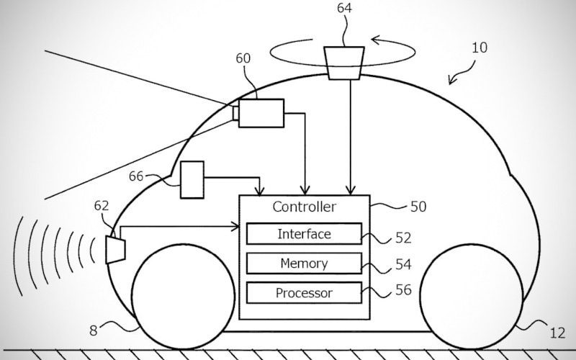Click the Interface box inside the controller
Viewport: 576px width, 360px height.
pyautogui.click(x=304, y=234)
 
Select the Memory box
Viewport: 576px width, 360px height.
pyautogui.click(x=304, y=263)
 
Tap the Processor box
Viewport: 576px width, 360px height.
pyautogui.click(x=304, y=293)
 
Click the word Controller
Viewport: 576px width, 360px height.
pyautogui.click(x=304, y=207)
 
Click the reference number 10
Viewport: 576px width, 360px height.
pyautogui.click(x=479, y=49)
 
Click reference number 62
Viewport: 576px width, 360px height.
pyautogui.click(x=102, y=205)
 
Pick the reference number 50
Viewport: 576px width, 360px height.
pyautogui.click(x=418, y=207)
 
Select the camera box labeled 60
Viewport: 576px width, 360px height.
pyautogui.click(x=261, y=114)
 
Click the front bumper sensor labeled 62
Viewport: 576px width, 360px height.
pyautogui.click(x=115, y=248)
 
